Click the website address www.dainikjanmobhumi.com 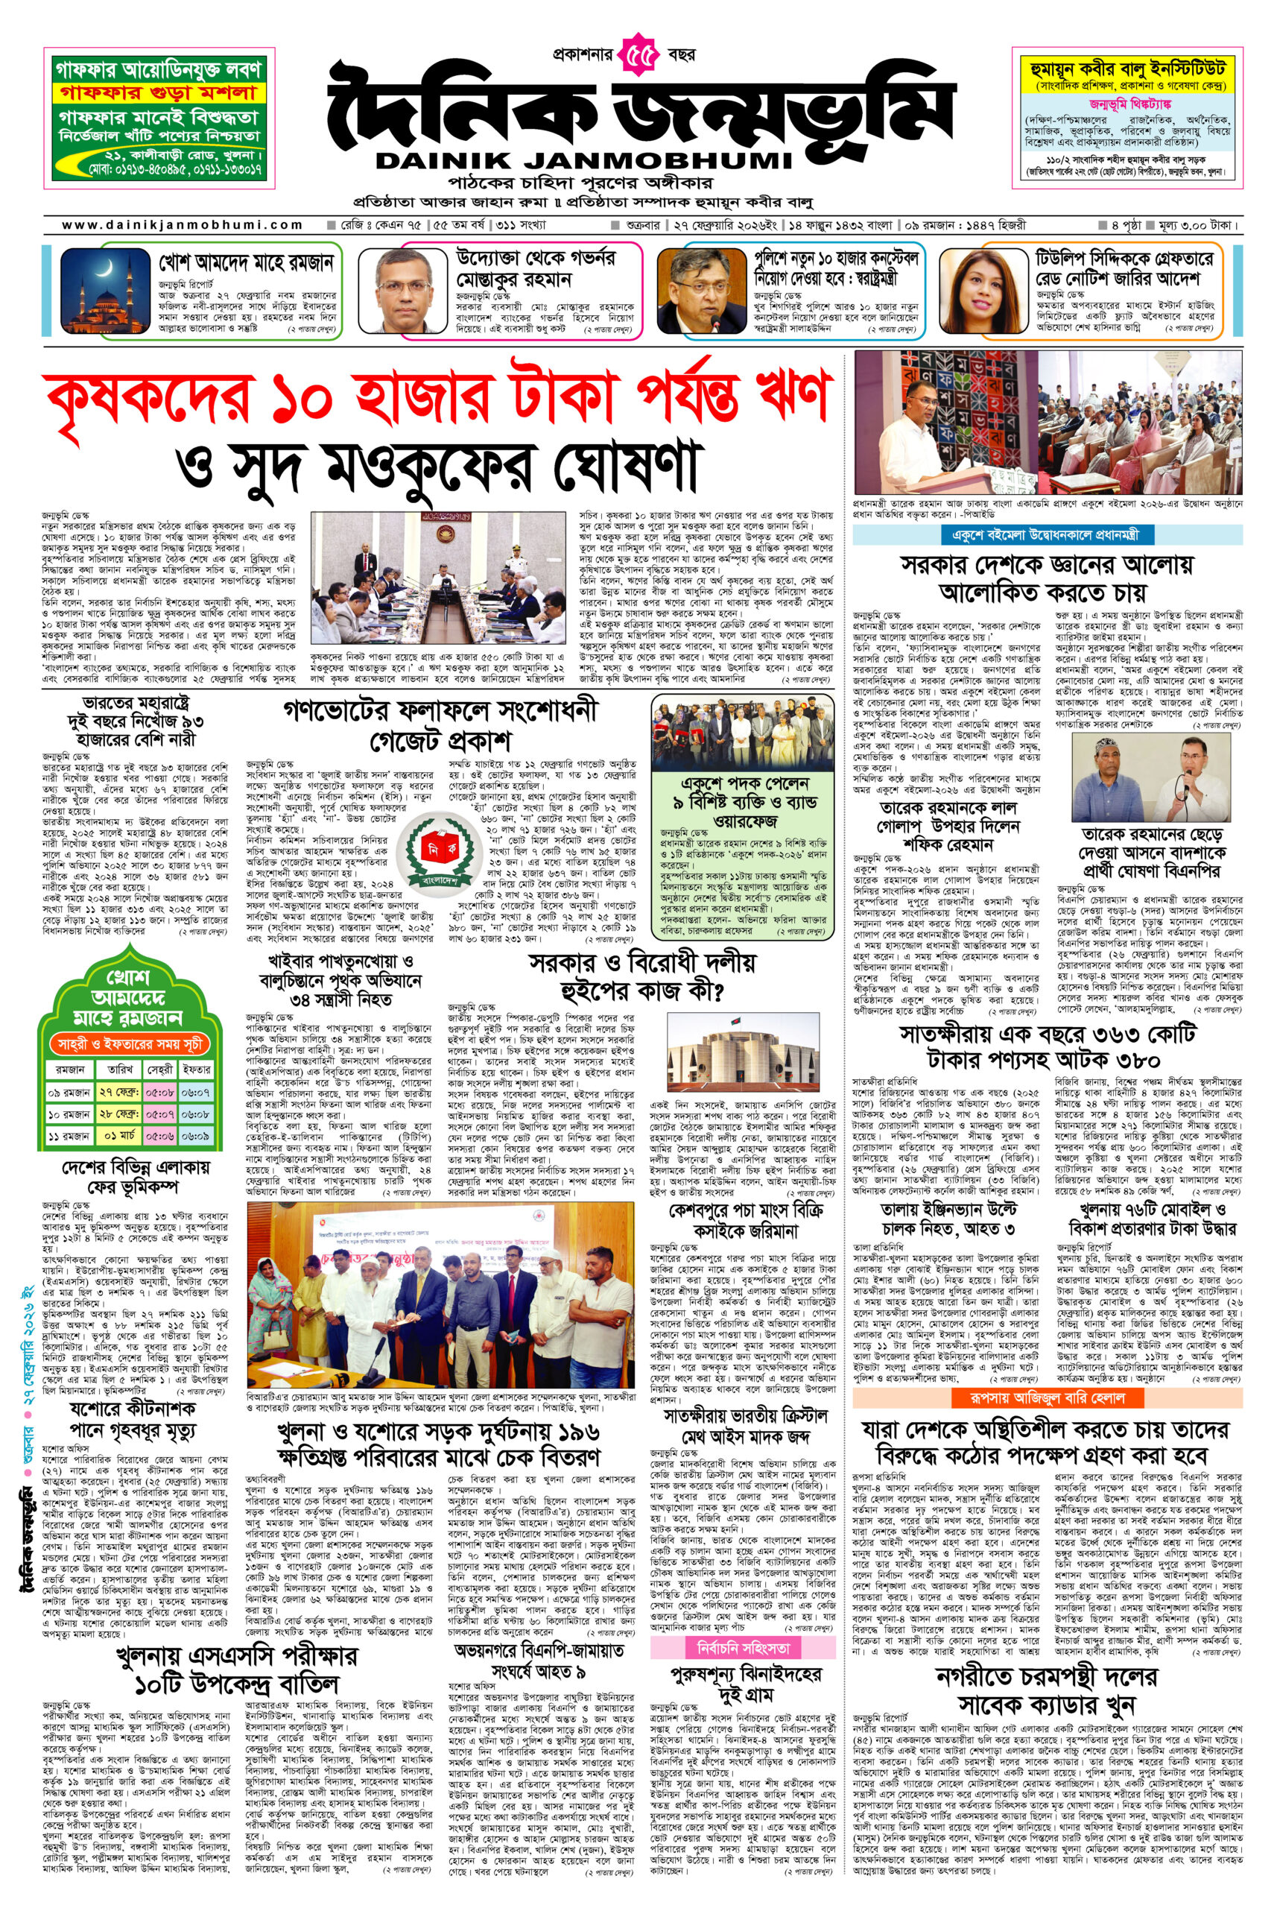183,225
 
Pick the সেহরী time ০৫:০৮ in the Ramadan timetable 159,1092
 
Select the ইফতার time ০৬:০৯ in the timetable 196,1136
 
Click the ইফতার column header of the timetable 196,1069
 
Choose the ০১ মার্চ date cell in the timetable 119,1136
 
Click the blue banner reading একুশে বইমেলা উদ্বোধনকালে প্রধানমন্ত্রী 1048,535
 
